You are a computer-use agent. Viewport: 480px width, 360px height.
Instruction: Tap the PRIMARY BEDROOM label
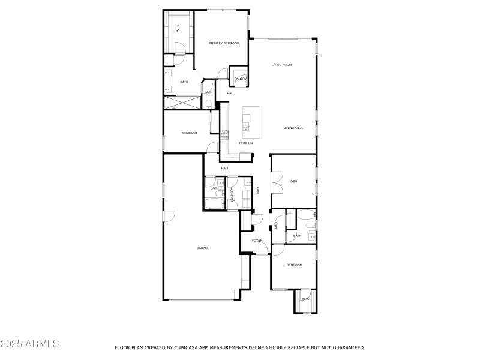pos(224,43)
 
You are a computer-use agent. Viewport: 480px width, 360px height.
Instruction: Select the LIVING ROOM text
pos(281,65)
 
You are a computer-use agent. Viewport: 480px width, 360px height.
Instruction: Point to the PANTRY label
pos(240,79)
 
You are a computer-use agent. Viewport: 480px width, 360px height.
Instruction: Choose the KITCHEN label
pos(246,143)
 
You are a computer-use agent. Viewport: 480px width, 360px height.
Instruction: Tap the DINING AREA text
pos(293,128)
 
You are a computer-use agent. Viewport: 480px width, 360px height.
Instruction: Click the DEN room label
pos(294,181)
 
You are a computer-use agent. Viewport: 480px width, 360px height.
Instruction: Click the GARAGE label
pos(203,248)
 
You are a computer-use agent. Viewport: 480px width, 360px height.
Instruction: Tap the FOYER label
pos(257,241)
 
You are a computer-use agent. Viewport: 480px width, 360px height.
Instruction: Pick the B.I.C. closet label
pos(305,298)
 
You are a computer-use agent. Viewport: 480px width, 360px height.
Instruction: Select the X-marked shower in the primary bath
pos(181,103)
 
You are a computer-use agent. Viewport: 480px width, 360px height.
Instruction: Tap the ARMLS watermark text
pos(29,344)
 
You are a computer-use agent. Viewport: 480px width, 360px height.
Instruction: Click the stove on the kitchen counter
pos(224,136)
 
